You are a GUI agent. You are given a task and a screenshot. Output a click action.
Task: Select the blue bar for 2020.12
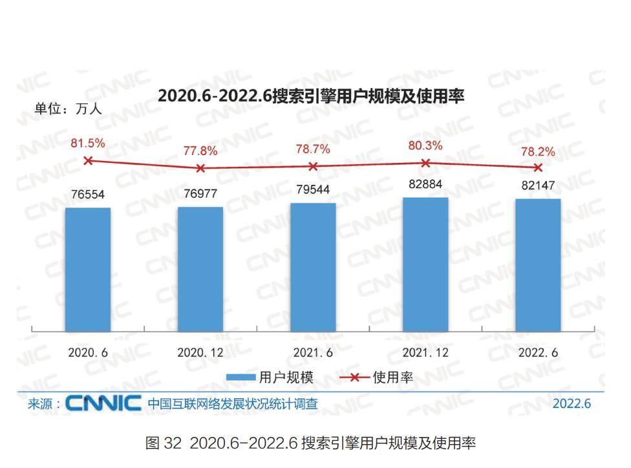[200, 269]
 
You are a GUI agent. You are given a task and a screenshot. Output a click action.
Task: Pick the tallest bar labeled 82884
[425, 264]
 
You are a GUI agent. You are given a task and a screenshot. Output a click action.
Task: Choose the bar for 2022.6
[538, 265]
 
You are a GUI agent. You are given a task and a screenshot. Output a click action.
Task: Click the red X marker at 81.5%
[88, 160]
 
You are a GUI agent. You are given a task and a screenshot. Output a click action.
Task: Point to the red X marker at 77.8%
[200, 168]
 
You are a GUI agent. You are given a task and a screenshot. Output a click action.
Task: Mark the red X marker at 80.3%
[425, 163]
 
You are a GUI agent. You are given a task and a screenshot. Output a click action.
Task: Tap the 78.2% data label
[538, 151]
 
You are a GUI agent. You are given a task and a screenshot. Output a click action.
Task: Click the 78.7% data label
[313, 149]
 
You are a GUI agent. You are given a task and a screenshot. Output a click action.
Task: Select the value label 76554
[88, 195]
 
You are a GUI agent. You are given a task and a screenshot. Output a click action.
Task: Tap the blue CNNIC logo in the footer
[103, 404]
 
